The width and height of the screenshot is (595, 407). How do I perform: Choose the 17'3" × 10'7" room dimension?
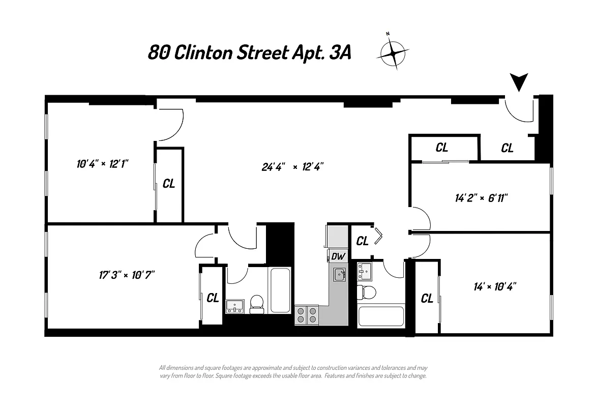point(127,275)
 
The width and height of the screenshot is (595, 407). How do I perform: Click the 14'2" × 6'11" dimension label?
point(481,197)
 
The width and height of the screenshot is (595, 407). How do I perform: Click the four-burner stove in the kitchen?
point(307,315)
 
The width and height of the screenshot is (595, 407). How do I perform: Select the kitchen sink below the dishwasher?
point(340,275)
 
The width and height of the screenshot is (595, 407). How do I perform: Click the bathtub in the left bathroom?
point(280,290)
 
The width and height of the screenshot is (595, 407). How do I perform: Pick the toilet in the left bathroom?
point(257,304)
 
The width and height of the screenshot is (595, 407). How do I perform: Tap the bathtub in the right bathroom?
point(381,316)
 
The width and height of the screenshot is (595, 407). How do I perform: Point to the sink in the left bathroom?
point(235,306)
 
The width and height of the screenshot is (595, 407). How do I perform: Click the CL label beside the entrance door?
point(507,148)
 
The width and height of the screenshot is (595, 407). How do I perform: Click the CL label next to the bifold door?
point(362,241)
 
